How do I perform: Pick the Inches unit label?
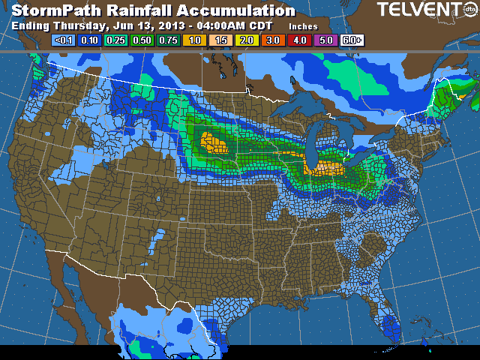303,26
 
